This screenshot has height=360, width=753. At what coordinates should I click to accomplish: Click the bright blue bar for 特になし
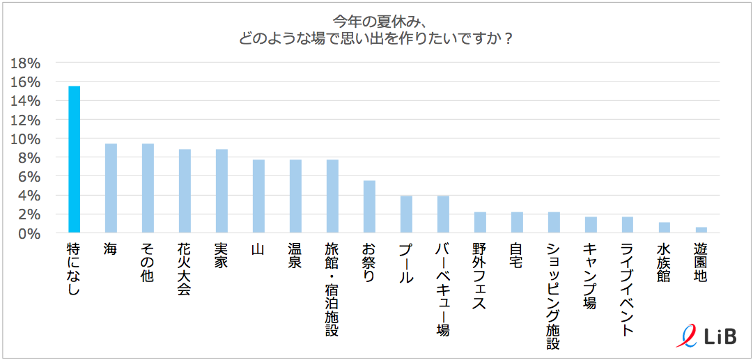tap(74, 159)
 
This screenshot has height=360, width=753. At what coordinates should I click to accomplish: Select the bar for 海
tap(111, 188)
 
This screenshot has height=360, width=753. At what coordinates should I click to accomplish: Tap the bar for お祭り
tap(369, 207)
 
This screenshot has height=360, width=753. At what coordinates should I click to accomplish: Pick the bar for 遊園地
tap(701, 230)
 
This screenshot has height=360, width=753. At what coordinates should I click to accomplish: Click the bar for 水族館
tap(665, 228)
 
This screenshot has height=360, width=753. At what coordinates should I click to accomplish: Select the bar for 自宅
tap(517, 222)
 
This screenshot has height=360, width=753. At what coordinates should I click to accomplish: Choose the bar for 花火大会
tap(185, 191)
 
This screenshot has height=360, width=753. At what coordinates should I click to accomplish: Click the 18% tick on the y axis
tap(26, 63)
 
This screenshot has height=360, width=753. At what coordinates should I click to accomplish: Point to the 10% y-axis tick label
tap(26, 139)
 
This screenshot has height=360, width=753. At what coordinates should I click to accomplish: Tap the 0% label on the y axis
tap(29, 233)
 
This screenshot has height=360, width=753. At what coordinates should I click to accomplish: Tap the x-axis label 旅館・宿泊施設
tap(332, 289)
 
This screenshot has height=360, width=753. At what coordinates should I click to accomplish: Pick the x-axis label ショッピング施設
tap(554, 295)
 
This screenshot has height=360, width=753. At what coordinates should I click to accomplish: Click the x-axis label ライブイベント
tap(628, 289)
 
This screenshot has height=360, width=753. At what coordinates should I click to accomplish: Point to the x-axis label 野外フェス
tap(480, 276)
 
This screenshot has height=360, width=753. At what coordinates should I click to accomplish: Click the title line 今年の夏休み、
tap(377, 19)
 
